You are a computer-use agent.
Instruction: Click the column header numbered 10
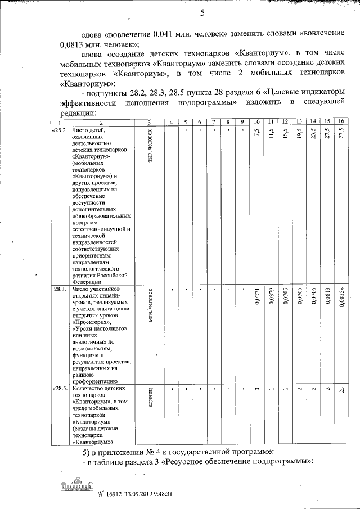click(x=256, y=122)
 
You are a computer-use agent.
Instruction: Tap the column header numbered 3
click(x=149, y=122)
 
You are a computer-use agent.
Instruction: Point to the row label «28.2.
click(x=59, y=130)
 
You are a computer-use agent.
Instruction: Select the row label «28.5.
click(x=60, y=389)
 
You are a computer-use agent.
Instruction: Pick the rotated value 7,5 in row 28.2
click(x=256, y=134)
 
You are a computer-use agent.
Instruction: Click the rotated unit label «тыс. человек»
click(x=150, y=146)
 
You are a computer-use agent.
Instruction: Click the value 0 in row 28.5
click(x=256, y=390)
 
